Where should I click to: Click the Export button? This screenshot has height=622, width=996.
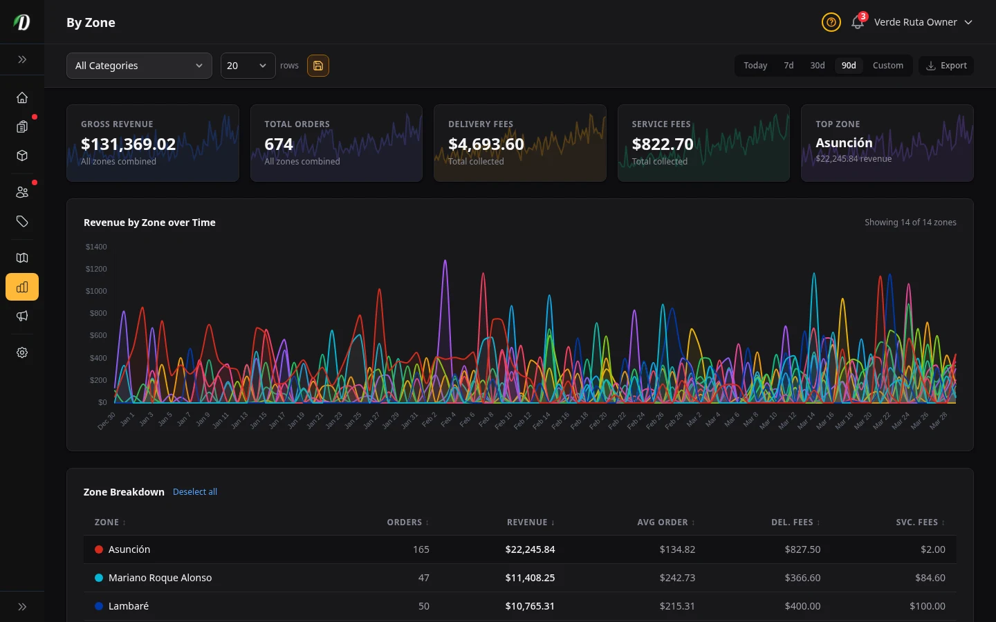(946, 66)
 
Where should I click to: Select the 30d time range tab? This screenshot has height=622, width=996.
(817, 66)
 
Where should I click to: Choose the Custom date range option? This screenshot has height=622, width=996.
(887, 66)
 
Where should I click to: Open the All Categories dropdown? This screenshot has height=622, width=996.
(139, 66)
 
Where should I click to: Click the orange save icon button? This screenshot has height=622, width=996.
(318, 66)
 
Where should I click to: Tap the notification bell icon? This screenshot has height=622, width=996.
(858, 22)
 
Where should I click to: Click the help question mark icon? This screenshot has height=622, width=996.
(831, 22)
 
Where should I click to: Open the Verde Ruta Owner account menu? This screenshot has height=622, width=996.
(923, 22)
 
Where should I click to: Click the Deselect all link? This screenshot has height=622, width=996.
(194, 492)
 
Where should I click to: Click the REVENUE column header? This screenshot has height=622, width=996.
(530, 522)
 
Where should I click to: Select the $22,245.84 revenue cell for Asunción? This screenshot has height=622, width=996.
(530, 549)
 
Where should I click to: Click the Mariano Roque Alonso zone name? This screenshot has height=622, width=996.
(160, 578)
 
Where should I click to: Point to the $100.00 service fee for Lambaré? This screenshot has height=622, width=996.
(927, 606)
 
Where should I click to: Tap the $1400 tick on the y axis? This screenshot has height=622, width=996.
(96, 247)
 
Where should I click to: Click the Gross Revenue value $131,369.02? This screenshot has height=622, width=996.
(128, 144)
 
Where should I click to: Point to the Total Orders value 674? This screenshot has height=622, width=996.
(279, 144)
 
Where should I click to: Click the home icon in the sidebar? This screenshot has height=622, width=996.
(22, 97)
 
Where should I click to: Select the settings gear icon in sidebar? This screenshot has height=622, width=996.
(22, 352)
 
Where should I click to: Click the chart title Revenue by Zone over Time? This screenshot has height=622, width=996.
(149, 223)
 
